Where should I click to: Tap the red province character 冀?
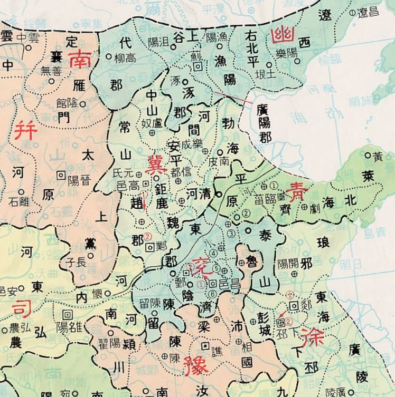[x=157, y=164]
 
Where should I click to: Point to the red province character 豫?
[x=196, y=365]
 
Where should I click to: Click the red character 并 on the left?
[x=25, y=130]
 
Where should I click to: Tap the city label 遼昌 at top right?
[x=368, y=12]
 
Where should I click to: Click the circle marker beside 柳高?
[x=108, y=56]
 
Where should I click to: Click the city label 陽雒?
[x=69, y=327]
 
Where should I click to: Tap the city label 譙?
[x=217, y=350]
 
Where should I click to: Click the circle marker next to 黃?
[x=368, y=156]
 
